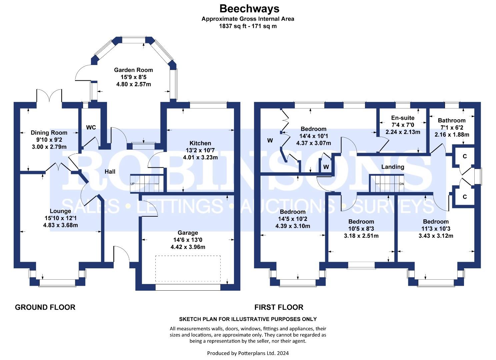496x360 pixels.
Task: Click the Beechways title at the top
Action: click(249, 9)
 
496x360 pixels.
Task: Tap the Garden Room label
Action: click(134, 70)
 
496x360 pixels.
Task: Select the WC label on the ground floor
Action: click(91, 127)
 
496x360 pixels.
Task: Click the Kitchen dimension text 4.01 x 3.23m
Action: click(200, 157)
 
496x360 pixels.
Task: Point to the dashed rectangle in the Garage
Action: click(188, 269)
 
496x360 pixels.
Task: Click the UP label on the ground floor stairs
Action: click(132, 184)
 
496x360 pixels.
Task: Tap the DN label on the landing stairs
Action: click(402, 184)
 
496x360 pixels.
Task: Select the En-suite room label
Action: click(403, 118)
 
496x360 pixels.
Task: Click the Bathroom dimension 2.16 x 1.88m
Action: click(452, 135)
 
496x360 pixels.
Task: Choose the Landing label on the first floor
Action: click(393, 167)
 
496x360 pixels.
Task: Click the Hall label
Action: click(110, 172)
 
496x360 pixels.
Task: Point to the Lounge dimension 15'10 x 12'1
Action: click(60, 218)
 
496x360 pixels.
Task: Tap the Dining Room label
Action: click(49, 133)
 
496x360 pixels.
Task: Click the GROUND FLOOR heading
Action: click(45, 307)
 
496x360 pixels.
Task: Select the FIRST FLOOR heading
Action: click(279, 307)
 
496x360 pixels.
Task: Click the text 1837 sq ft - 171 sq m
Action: click(248, 26)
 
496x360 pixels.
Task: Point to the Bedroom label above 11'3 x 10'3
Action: click(436, 222)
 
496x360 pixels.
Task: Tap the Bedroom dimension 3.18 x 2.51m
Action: click(361, 236)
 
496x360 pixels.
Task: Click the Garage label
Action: click(188, 233)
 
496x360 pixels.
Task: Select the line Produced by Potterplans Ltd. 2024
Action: click(248, 353)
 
